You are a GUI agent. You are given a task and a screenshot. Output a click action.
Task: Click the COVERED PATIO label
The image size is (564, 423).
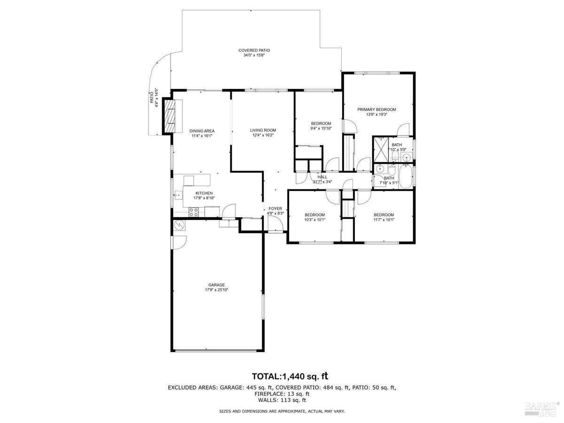coord(254,50)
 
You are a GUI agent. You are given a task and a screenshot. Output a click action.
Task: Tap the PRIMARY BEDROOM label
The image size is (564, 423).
coord(376,110)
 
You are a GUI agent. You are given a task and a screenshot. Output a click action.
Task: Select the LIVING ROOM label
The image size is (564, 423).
coord(263,130)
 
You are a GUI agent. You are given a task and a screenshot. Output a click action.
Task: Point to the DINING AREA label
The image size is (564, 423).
coord(202,131)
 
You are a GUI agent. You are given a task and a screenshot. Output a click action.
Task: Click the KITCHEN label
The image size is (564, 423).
coord(204,193)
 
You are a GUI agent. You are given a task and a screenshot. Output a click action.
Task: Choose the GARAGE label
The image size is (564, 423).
coord(216,285)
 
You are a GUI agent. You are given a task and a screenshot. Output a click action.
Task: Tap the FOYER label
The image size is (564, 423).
coord(275,209)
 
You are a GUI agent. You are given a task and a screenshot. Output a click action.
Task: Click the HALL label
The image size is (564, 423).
coord(322,177)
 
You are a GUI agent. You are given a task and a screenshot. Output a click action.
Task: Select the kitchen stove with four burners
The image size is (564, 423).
coord(194,212)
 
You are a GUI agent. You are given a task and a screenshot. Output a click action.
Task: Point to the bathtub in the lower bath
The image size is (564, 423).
coord(405,177)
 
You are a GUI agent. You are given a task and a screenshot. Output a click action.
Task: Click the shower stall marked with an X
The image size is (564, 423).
coord(381,149)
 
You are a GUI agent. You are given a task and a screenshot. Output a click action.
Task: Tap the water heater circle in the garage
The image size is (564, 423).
coord(179,225)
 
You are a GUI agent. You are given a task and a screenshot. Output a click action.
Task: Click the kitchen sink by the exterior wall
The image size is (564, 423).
coord(178,195)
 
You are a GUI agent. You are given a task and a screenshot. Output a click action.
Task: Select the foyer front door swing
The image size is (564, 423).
coord(275,223)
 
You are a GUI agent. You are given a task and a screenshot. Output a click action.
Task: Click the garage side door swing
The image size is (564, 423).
coord(179,242)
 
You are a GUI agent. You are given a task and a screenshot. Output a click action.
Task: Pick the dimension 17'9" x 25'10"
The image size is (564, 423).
coord(216,290)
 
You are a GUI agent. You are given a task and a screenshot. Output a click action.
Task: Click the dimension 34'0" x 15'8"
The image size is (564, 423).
coord(254,55)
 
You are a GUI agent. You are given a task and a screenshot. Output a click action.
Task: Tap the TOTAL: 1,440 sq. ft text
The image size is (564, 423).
coord(290,376)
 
